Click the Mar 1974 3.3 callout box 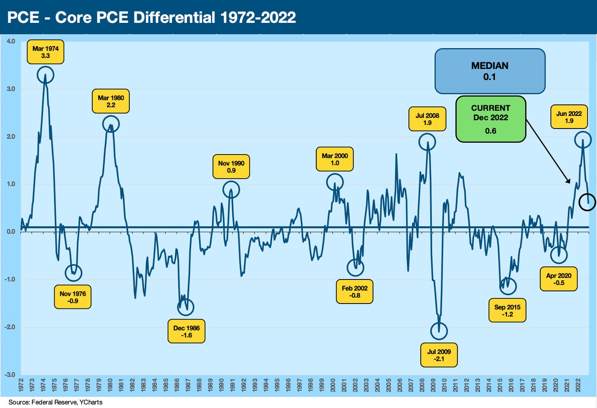pyautogui.click(x=45, y=52)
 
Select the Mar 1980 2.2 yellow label pyautogui.click(x=111, y=101)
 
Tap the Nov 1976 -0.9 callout pyautogui.click(x=73, y=297)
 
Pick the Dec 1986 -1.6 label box pyautogui.click(x=186, y=331)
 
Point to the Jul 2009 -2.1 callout pyautogui.click(x=439, y=355)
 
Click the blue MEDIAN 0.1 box pyautogui.click(x=490, y=71)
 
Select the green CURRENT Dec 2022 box pyautogui.click(x=490, y=119)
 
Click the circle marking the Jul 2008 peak pyautogui.click(x=427, y=142)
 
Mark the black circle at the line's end pyautogui.click(x=587, y=202)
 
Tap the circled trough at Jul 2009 pyautogui.click(x=439, y=331)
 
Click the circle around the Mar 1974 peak pyautogui.click(x=45, y=75)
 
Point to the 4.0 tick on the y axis pyautogui.click(x=11, y=41)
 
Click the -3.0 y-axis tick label pyautogui.click(x=10, y=375)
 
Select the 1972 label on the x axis pyautogui.click(x=21, y=385)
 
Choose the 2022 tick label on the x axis pyautogui.click(x=578, y=385)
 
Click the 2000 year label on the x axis pyautogui.click(x=333, y=385)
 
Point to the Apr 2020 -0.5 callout pyautogui.click(x=559, y=279)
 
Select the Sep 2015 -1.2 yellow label pyautogui.click(x=507, y=310)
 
